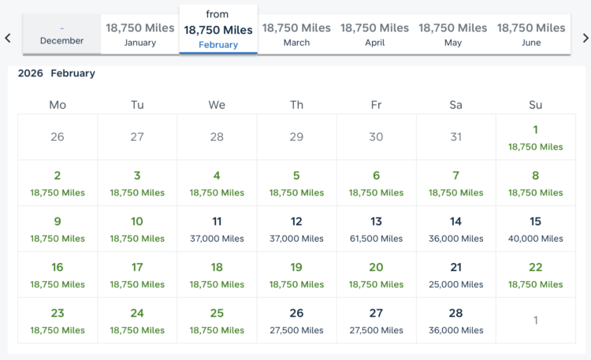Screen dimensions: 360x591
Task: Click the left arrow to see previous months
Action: click(x=8, y=38)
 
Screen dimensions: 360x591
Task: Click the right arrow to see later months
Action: click(x=585, y=38)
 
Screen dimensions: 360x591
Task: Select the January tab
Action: click(x=140, y=34)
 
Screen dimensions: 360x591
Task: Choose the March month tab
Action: click(x=296, y=34)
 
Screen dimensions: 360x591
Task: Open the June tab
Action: click(x=531, y=34)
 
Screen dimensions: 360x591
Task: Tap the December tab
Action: click(x=61, y=35)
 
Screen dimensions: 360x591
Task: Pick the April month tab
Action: click(x=374, y=34)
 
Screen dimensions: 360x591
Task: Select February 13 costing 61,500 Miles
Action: click(x=376, y=228)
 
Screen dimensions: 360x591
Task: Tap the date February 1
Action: click(x=535, y=137)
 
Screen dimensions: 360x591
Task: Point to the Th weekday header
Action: click(x=296, y=105)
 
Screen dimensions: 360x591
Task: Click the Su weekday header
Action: click(x=535, y=105)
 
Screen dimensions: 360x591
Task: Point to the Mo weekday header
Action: click(x=58, y=105)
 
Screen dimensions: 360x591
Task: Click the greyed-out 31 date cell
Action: click(x=455, y=137)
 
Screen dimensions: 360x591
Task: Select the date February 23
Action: click(x=58, y=320)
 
